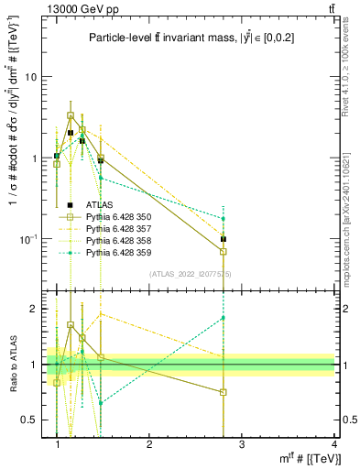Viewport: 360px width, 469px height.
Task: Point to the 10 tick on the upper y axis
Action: [x=31, y=77]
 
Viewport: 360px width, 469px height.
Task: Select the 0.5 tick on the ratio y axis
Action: [x=31, y=420]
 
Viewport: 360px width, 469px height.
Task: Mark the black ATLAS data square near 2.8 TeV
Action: [x=224, y=239]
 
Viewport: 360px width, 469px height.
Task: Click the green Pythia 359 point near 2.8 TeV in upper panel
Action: [x=224, y=219]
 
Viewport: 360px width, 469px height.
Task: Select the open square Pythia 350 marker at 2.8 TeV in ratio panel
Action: [x=224, y=392]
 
